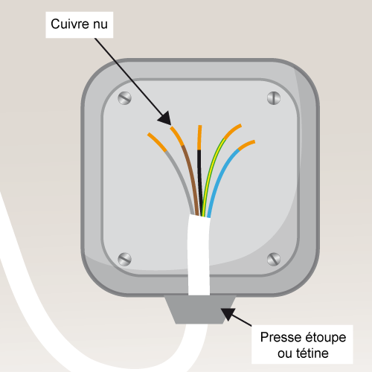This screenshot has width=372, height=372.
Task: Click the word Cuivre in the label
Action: (71, 24)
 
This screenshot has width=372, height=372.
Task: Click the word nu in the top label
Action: (100, 25)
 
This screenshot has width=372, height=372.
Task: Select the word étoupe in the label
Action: (326, 338)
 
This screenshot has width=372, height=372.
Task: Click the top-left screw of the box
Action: (124, 98)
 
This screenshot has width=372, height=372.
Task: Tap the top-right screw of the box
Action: (274, 97)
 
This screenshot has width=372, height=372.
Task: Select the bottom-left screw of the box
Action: (124, 260)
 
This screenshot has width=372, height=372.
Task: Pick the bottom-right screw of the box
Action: (274, 259)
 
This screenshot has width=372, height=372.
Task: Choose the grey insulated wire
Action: (181, 179)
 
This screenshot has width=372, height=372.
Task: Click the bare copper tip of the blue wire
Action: (246, 145)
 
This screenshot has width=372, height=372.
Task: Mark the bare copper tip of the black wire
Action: (199, 138)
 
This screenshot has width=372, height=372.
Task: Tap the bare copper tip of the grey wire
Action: (157, 142)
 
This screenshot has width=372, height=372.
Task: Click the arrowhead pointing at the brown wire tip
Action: (164, 118)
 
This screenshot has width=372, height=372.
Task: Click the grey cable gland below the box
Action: (200, 310)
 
